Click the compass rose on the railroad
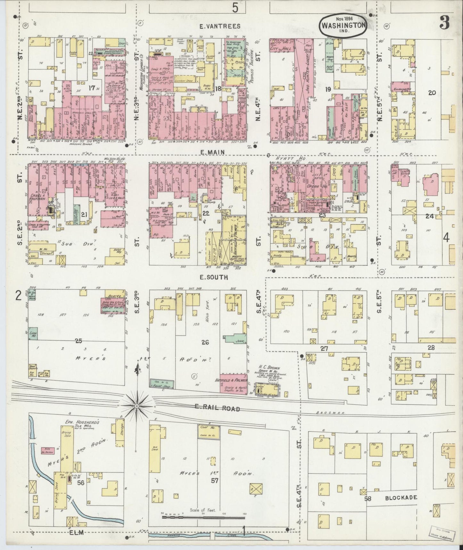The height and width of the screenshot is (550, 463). (137, 407)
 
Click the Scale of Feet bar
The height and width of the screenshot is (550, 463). (203, 517)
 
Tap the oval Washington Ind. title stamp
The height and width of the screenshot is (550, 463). (343, 25)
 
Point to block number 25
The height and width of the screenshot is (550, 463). (79, 341)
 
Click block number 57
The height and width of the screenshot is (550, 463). (205, 480)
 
